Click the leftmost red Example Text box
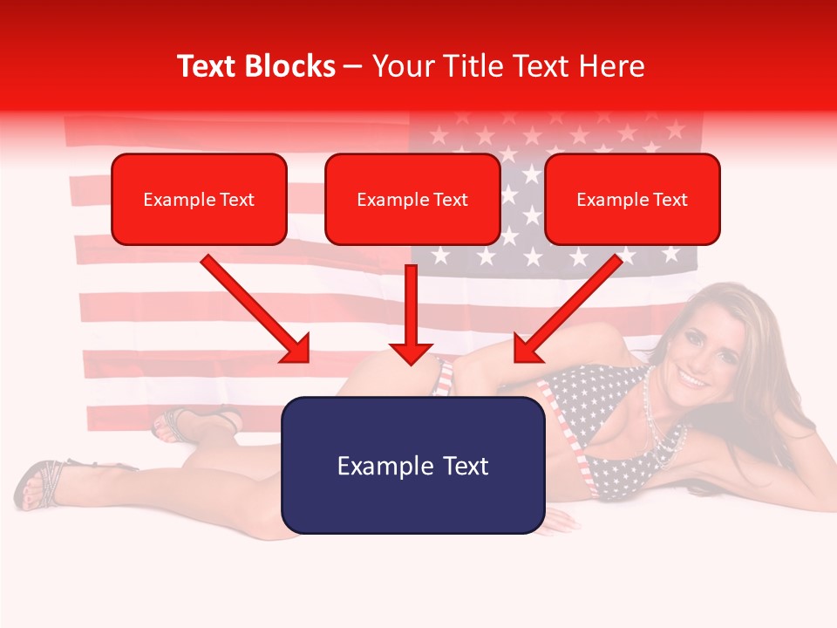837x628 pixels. point(199,199)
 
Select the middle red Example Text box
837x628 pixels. point(412,199)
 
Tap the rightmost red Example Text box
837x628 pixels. point(632,199)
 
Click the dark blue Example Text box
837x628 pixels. point(412,465)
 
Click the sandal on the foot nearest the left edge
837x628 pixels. point(39,484)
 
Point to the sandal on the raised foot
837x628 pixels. point(174,422)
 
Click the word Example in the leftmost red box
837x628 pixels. point(173,199)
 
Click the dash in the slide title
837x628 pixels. point(353,66)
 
